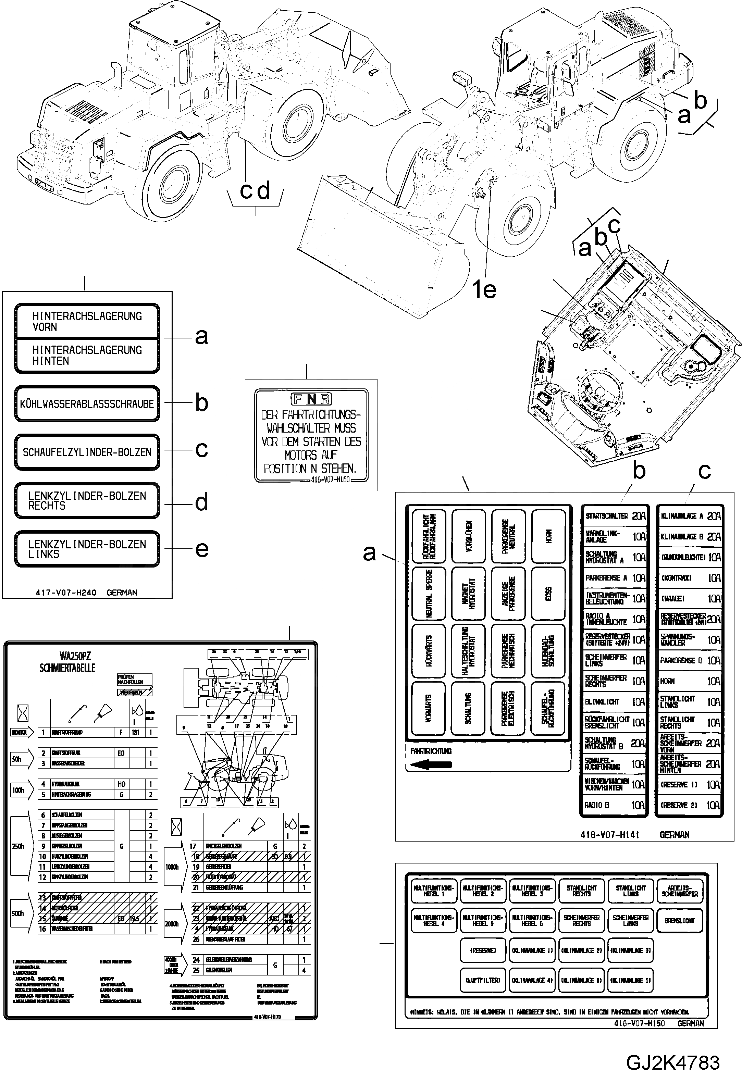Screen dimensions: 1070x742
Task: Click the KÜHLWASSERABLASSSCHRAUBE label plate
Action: click(87, 403)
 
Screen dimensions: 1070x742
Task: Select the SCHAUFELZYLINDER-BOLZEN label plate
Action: click(87, 452)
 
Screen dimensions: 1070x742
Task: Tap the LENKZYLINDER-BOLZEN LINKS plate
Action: click(87, 549)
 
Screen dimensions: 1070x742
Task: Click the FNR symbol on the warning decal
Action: click(311, 399)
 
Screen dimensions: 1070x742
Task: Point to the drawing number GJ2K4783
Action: click(673, 1049)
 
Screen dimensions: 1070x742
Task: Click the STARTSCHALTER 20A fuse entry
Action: click(615, 516)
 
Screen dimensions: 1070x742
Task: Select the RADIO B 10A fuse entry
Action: click(615, 805)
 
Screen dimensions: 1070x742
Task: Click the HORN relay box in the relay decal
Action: click(548, 536)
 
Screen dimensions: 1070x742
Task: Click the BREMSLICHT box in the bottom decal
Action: click(679, 921)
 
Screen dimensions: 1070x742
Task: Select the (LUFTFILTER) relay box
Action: click(483, 980)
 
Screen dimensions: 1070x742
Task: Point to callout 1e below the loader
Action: click(484, 290)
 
